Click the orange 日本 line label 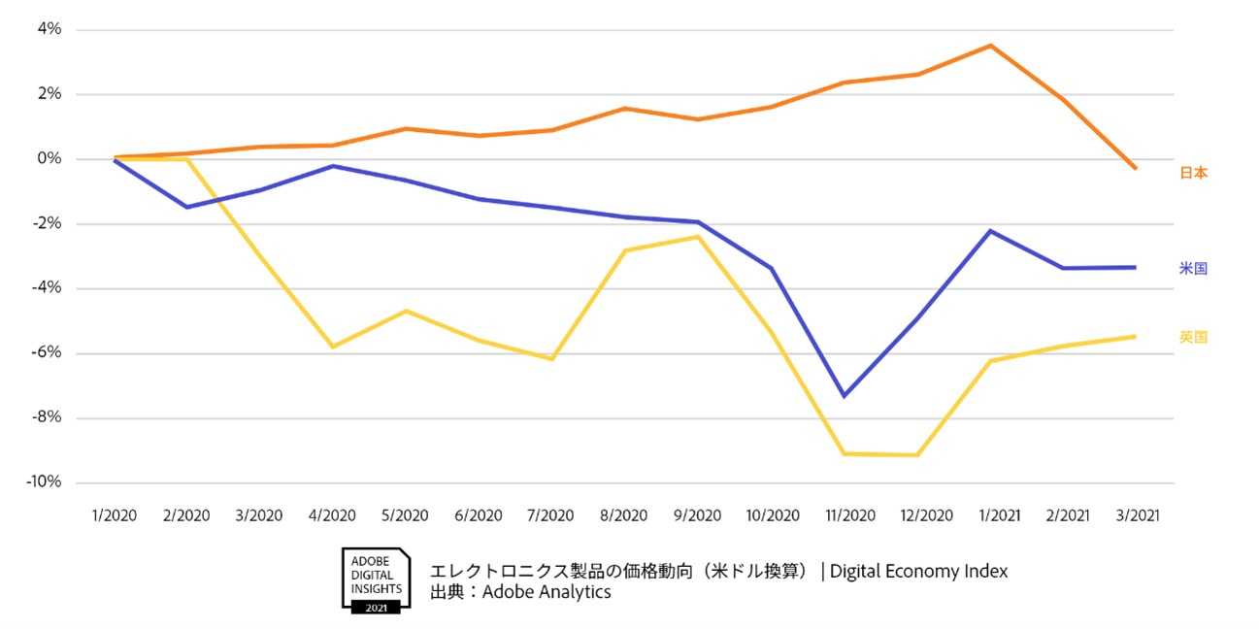[1193, 173]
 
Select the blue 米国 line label [1193, 268]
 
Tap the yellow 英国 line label [1193, 337]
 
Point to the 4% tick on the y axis [49, 29]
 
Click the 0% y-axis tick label [49, 159]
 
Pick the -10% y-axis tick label [45, 482]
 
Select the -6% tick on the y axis [47, 353]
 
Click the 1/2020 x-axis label [115, 515]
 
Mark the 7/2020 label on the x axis [551, 515]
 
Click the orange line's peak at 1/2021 [990, 46]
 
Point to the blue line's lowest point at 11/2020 [845, 396]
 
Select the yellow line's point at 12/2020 [917, 454]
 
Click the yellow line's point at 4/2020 [333, 347]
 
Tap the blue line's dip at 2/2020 [187, 207]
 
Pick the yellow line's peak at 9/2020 [698, 237]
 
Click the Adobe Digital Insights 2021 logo [376, 579]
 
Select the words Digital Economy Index [918, 571]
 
